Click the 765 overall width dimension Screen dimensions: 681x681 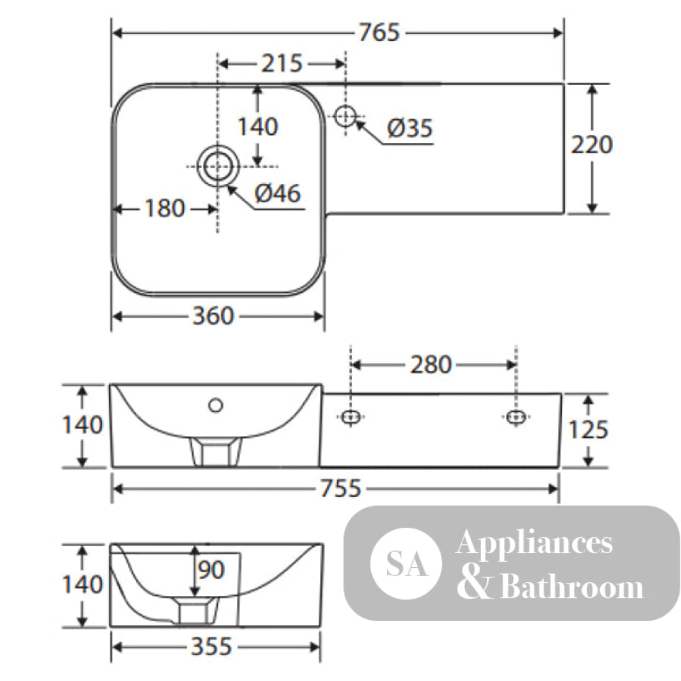tap(379, 33)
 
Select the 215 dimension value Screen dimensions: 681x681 tap(281, 63)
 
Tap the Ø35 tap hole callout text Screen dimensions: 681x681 tap(409, 128)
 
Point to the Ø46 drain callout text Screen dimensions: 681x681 tap(278, 193)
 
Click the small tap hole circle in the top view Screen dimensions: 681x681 tap(345, 116)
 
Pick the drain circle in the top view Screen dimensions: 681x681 tap(218, 166)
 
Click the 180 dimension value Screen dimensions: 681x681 tap(165, 208)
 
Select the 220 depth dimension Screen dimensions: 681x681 tap(592, 144)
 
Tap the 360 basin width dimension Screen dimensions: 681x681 tap(213, 316)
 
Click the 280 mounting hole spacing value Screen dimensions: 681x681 tap(431, 364)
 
